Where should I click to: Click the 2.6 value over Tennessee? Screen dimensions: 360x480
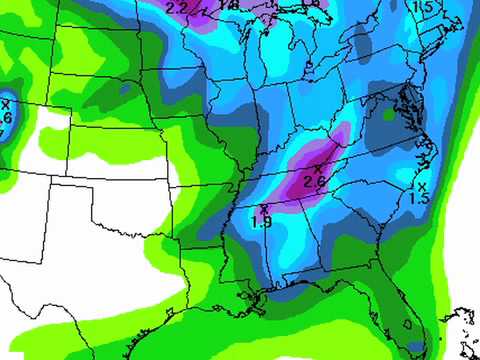tap(314, 181)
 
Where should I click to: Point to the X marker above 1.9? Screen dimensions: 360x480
tap(262, 209)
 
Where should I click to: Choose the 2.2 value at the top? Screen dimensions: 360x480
tap(177, 8)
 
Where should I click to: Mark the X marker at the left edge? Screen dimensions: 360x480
tap(5, 103)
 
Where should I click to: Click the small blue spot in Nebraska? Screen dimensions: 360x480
tap(125, 91)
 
